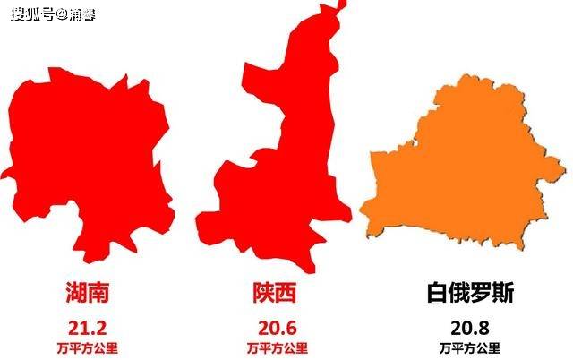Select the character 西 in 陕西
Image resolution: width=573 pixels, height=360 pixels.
[288, 293]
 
